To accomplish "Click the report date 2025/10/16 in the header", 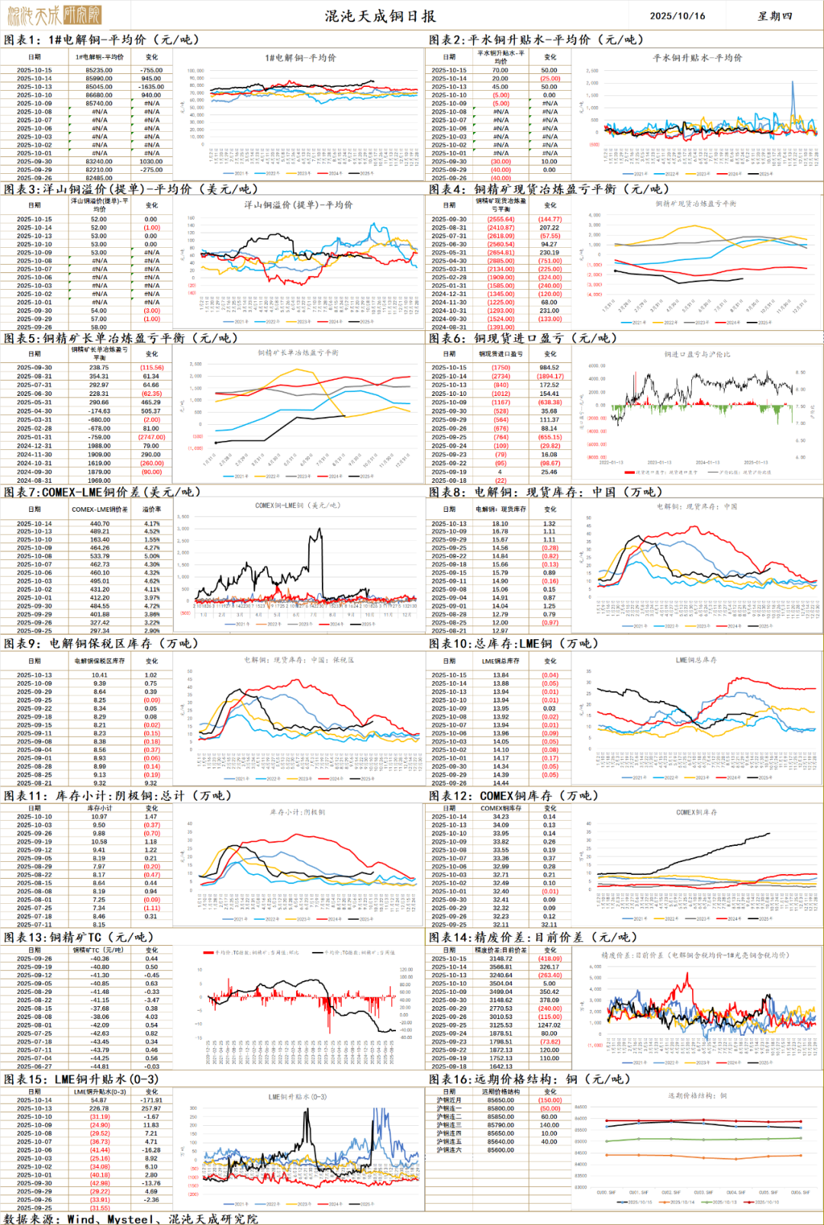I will pyautogui.click(x=677, y=15).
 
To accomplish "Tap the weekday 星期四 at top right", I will pyautogui.click(x=774, y=15).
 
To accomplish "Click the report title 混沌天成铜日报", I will pyautogui.click(x=380, y=15).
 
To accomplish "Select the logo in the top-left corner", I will pyautogui.click(x=53, y=14).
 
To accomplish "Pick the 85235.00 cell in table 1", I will pyautogui.click(x=99, y=70).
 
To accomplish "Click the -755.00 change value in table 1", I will pyautogui.click(x=151, y=70).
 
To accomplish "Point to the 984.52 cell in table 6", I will pyautogui.click(x=549, y=368).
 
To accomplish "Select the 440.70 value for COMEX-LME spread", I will pyautogui.click(x=99, y=523).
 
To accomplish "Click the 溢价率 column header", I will pyautogui.click(x=152, y=509).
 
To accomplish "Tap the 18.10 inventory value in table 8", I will pyautogui.click(x=500, y=523).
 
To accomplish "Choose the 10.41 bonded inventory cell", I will pyautogui.click(x=99, y=675).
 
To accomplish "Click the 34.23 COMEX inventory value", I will pyautogui.click(x=501, y=816).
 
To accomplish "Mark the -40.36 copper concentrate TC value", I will pyautogui.click(x=100, y=959).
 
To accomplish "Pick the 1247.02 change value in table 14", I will pyautogui.click(x=549, y=1025).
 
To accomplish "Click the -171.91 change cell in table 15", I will pyautogui.click(x=151, y=1100).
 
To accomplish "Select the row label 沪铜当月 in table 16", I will pyautogui.click(x=449, y=1100).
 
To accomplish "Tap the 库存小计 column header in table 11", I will pyautogui.click(x=99, y=808).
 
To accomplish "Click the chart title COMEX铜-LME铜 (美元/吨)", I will pyautogui.click(x=298, y=505).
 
